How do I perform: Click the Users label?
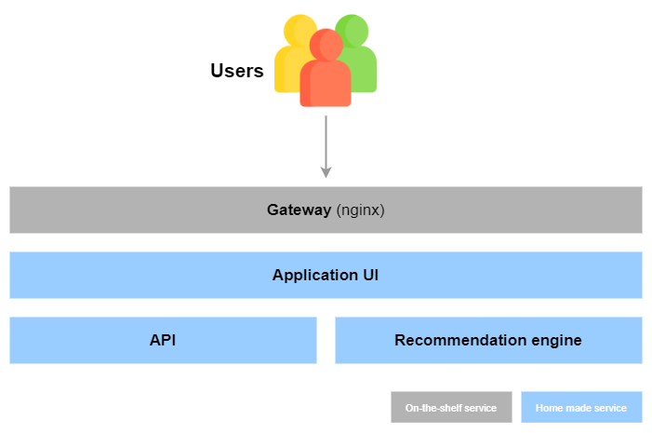pyautogui.click(x=236, y=71)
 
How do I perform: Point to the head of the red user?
pyautogui.click(x=326, y=45)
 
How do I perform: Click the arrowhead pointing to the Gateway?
pyautogui.click(x=326, y=170)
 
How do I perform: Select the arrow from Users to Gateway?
pyautogui.click(x=326, y=144)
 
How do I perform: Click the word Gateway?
pyautogui.click(x=299, y=210)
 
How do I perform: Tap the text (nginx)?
pyautogui.click(x=360, y=210)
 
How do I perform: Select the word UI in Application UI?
pyautogui.click(x=369, y=276)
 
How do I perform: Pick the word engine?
pyautogui.click(x=556, y=340)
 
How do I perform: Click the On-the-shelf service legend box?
pyautogui.click(x=451, y=407)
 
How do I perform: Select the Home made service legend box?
pyautogui.click(x=581, y=407)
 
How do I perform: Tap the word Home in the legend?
pyautogui.click(x=549, y=407)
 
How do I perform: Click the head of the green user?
pyautogui.click(x=352, y=29)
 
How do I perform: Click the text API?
pyautogui.click(x=163, y=340)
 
